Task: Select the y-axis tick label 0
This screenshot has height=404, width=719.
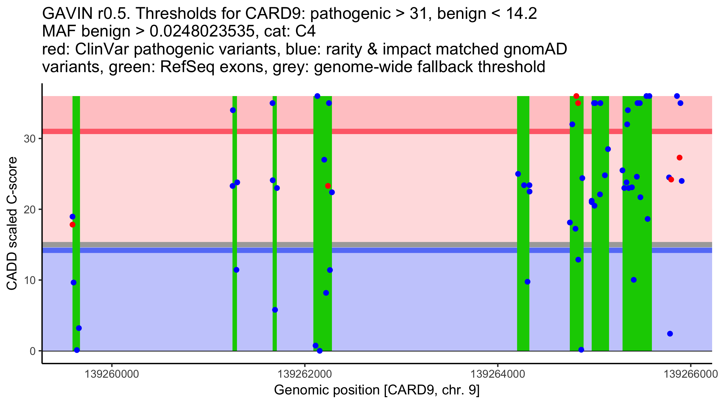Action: [32, 351]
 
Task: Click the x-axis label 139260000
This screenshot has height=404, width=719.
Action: [112, 374]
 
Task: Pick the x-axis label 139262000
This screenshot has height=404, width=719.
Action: [305, 374]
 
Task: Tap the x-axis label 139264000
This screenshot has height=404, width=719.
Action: [498, 374]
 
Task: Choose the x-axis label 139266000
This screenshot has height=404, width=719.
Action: [691, 374]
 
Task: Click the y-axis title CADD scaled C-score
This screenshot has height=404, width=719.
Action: [12, 224]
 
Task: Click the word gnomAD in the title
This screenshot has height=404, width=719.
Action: [535, 49]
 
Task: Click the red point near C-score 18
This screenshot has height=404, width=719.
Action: [72, 225]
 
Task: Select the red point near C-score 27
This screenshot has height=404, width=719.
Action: [679, 158]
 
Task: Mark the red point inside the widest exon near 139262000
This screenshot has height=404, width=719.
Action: [328, 186]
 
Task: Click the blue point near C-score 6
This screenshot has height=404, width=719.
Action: [275, 310]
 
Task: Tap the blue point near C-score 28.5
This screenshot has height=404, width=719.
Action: [608, 149]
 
